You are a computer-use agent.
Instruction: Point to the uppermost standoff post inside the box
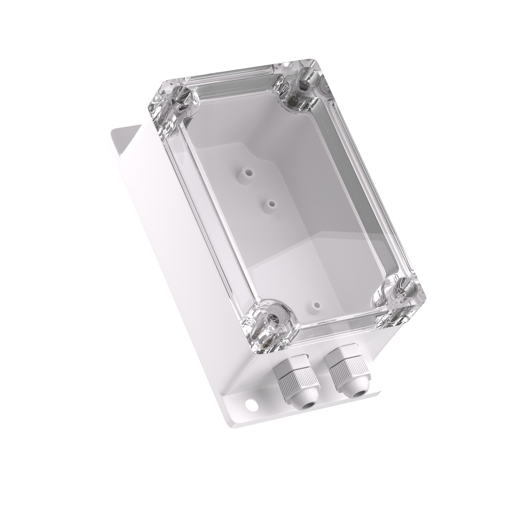(x=248, y=173)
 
